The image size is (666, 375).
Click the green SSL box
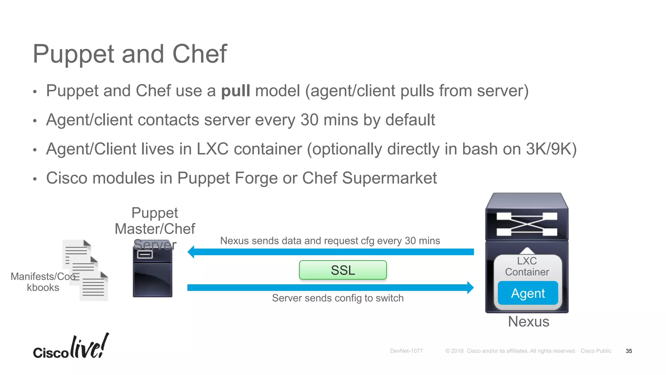343,270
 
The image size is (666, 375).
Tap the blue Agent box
528,293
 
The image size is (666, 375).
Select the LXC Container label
527,266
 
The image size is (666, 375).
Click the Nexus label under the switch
528,322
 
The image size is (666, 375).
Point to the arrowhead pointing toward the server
191,252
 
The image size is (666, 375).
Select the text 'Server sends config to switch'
338,298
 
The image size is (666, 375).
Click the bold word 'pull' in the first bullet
235,91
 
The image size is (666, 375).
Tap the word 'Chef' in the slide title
199,54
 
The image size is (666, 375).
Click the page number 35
629,351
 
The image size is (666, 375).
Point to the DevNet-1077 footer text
406,351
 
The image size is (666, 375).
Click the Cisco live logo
71,347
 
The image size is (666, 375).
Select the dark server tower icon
153,272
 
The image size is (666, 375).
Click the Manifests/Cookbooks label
43,282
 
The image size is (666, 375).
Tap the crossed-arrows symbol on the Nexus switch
527,224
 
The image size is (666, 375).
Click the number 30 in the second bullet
309,120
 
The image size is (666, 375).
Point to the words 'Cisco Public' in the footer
596,351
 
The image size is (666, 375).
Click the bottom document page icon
94,286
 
